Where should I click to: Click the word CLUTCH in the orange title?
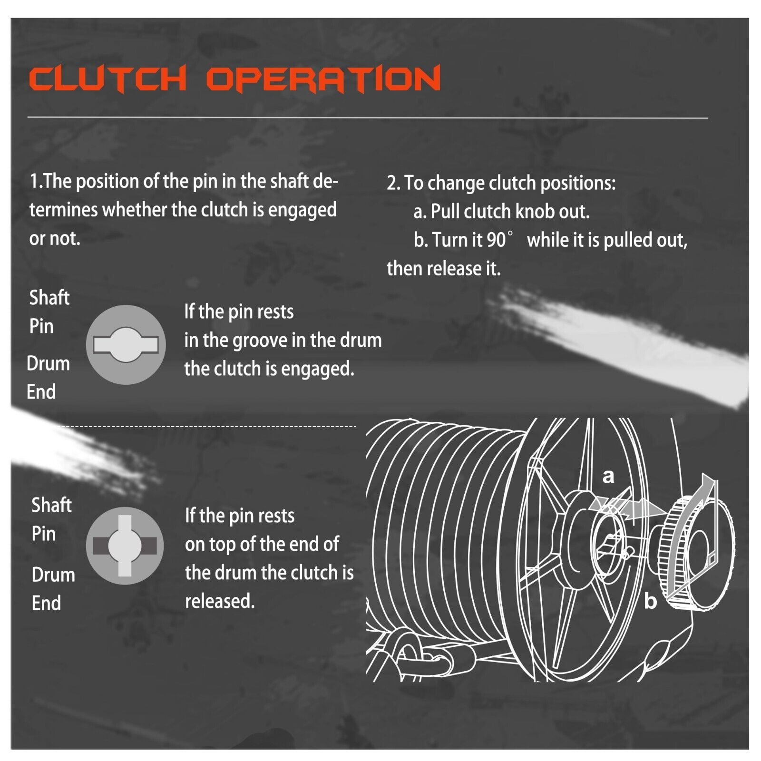pyautogui.click(x=107, y=78)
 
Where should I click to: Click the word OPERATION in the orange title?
pyautogui.click(x=323, y=78)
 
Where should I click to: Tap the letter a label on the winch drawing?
pyautogui.click(x=608, y=476)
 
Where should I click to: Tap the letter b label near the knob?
pyautogui.click(x=650, y=602)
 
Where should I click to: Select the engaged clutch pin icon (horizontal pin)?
pyautogui.click(x=126, y=344)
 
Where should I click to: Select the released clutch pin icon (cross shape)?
pyautogui.click(x=125, y=546)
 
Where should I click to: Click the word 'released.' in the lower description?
pyautogui.click(x=220, y=601)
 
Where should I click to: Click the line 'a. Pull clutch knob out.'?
pyautogui.click(x=501, y=211)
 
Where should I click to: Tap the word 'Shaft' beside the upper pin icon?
pyautogui.click(x=49, y=298)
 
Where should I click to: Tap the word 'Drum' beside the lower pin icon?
pyautogui.click(x=53, y=575)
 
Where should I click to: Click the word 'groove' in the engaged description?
pyautogui.click(x=255, y=341)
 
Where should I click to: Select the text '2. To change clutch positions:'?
pyautogui.click(x=501, y=183)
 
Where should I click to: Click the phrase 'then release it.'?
pyautogui.click(x=443, y=269)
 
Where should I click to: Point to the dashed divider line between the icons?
pyautogui.click(x=209, y=427)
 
